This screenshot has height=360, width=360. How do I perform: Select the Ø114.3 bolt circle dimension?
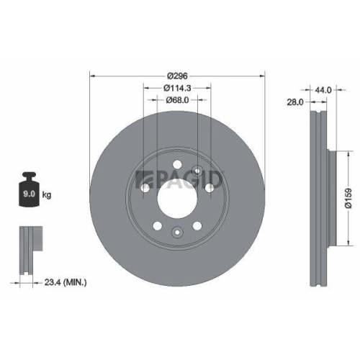coord(176,88)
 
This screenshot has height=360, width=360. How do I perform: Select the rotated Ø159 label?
coord(347,197)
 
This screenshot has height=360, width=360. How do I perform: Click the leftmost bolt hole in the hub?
coord(145,187)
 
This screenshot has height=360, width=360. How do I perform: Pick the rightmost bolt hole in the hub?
coord(209,187)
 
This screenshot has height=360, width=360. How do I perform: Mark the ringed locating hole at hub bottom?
coord(176,232)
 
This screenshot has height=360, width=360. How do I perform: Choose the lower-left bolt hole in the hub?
coord(157,225)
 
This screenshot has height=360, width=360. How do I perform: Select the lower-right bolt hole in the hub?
coord(197,225)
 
